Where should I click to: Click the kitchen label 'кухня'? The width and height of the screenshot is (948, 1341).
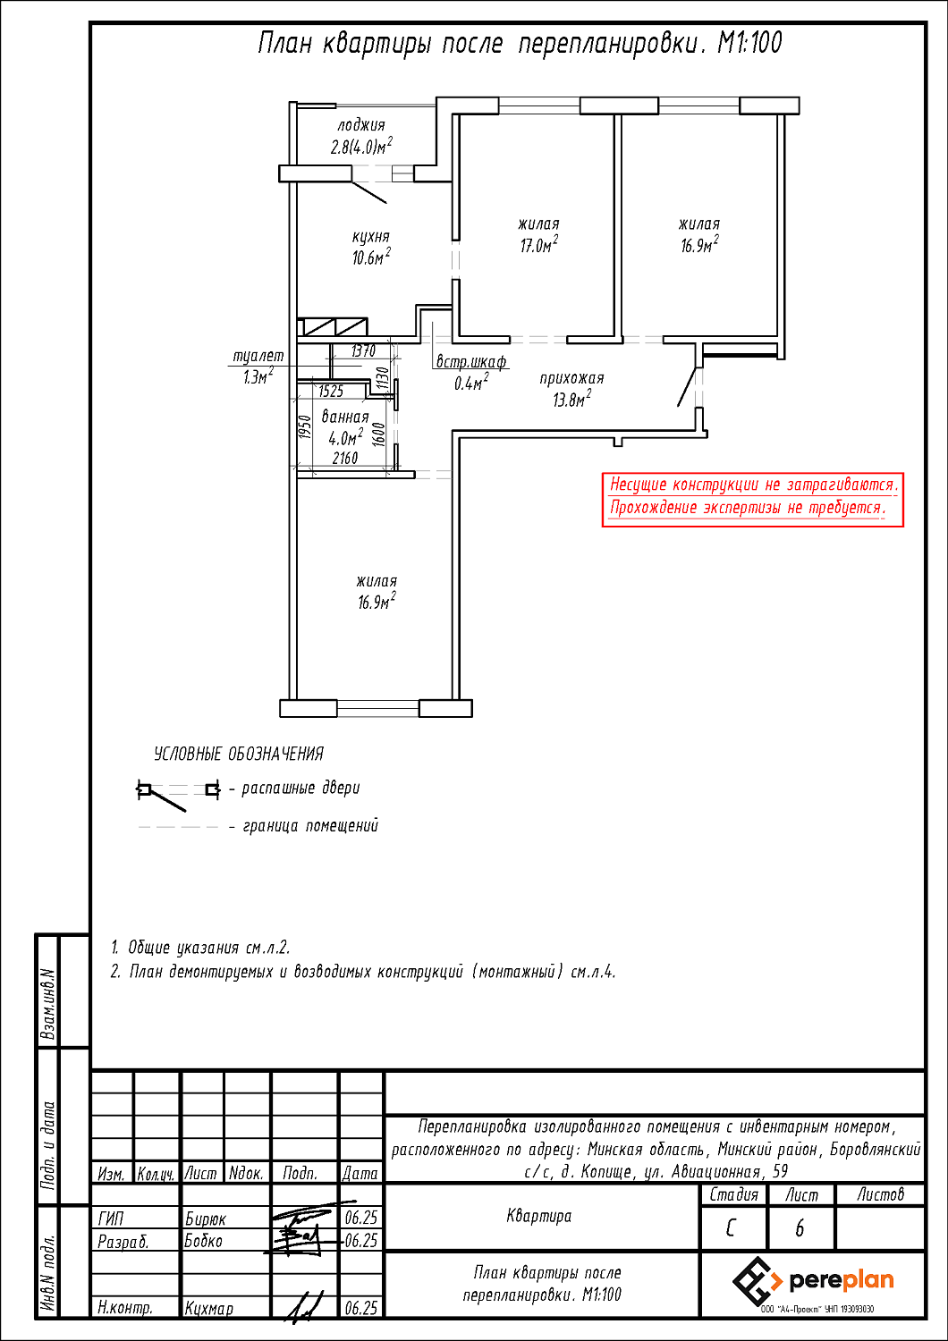370,237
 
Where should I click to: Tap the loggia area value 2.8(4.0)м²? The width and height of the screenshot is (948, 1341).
361,146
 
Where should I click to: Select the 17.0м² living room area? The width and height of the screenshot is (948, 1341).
539,244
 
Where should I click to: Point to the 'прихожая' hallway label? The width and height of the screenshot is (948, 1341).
571,378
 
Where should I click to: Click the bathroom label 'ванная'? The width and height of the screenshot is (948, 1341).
345,417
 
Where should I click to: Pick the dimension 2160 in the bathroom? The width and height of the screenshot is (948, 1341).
345,458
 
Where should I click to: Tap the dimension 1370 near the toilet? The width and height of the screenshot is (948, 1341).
363,350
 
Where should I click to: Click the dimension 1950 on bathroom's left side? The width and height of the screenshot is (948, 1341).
305,426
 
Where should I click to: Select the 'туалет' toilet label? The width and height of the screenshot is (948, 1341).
258,356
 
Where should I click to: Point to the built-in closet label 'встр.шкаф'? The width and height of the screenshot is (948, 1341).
471,361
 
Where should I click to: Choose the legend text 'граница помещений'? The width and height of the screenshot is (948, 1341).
311,826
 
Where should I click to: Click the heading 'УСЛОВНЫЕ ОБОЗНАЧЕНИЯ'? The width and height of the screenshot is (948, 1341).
239,754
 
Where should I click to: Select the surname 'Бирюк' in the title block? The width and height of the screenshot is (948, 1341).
206,1219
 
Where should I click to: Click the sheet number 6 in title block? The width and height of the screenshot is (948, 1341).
800,1228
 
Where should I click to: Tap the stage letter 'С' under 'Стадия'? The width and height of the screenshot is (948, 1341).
730,1228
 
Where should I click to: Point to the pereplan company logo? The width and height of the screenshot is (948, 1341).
813,1281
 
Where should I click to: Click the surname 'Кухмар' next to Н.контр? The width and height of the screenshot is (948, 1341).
208,1309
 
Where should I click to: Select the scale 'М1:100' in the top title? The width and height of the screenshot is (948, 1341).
749,43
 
